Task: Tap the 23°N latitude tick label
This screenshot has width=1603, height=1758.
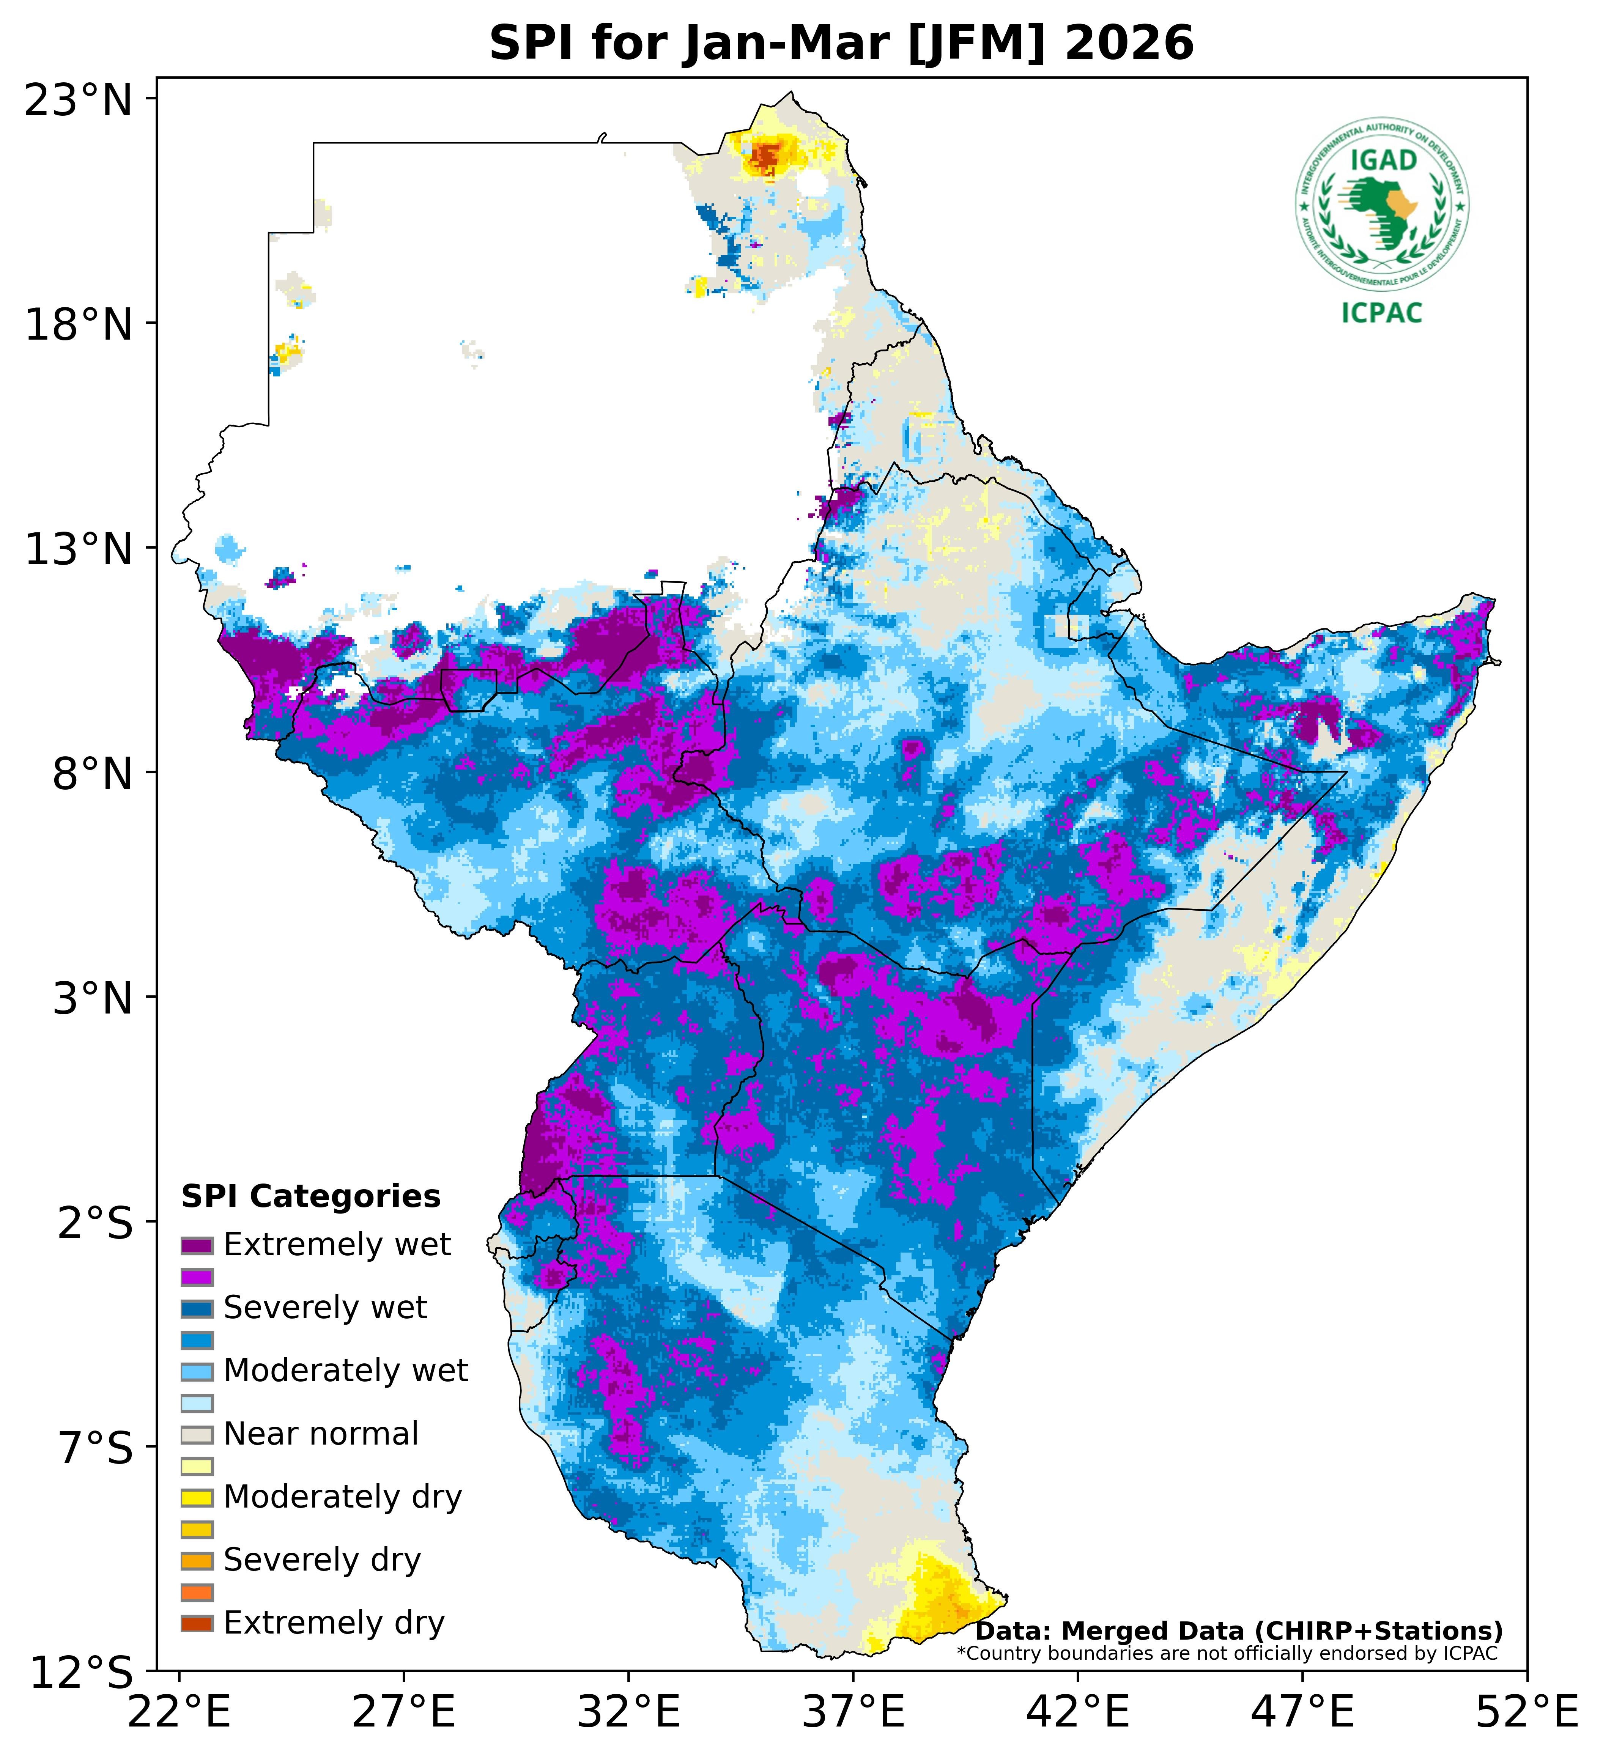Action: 79,100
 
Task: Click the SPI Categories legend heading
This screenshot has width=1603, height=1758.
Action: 310,1196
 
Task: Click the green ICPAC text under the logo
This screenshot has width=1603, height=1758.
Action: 1381,313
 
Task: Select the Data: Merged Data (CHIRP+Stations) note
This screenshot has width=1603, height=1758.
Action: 1238,1631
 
